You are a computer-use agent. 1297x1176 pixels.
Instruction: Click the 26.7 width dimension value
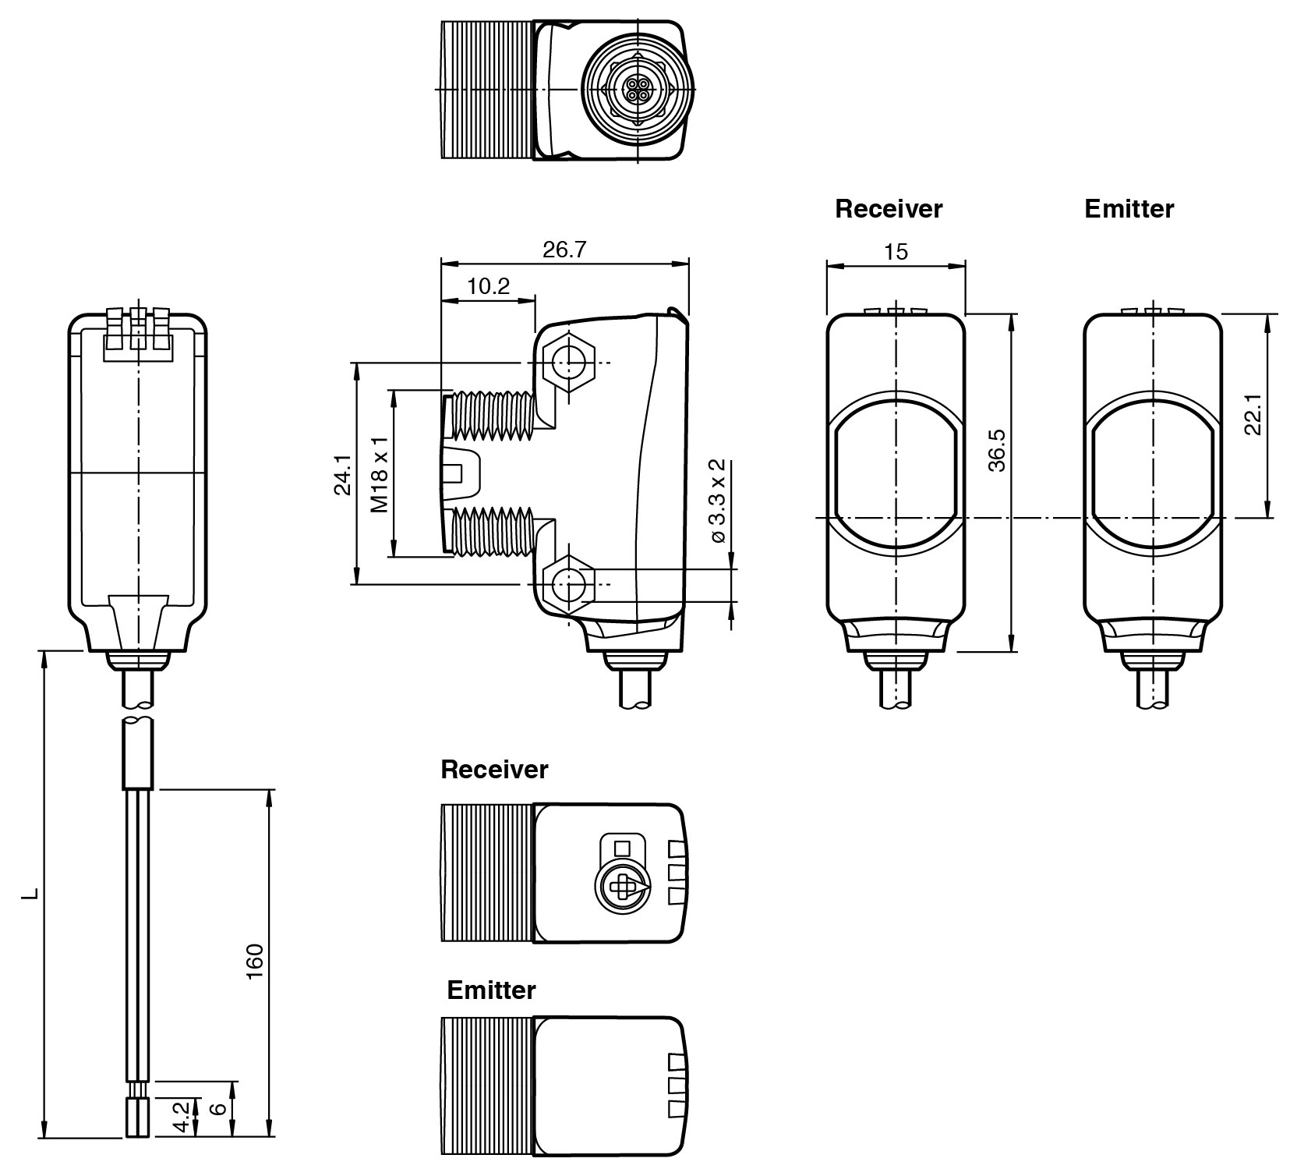(564, 250)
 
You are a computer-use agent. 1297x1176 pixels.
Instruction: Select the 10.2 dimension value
(489, 286)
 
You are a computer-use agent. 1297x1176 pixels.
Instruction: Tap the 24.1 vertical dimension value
(341, 476)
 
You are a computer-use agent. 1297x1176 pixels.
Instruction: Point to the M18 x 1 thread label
(380, 474)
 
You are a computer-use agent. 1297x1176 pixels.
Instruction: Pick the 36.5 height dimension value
(997, 450)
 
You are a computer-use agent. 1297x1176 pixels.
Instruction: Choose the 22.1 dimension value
(1253, 414)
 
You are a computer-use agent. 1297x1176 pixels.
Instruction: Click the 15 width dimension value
(896, 252)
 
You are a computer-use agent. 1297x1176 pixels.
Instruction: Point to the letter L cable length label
(30, 893)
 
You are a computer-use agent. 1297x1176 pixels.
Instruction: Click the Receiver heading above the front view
(889, 209)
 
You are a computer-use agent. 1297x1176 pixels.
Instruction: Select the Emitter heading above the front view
(1129, 209)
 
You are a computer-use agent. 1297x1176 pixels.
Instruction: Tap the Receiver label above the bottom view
(494, 770)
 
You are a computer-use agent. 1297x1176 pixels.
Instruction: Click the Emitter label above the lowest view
(491, 990)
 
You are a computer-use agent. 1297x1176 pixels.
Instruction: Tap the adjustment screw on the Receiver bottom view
(621, 886)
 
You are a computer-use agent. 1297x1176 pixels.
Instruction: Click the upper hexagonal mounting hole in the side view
(569, 361)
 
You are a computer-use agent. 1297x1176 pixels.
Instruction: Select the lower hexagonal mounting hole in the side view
(569, 583)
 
